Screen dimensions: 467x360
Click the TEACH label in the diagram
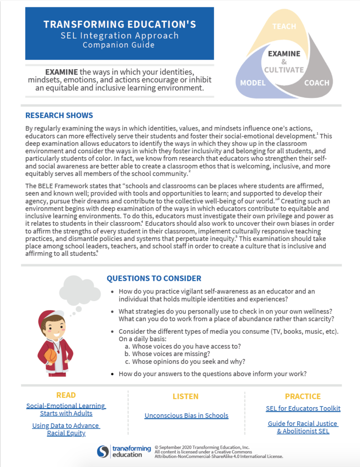coord(284,26)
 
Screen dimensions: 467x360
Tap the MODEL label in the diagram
coord(253,83)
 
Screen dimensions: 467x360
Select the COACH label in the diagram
coord(317,83)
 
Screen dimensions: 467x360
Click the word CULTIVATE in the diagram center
coord(283,70)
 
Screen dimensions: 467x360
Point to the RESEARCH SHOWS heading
coord(59,115)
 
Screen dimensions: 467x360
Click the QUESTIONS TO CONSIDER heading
coord(153,278)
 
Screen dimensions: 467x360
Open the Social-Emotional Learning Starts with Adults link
coord(66,410)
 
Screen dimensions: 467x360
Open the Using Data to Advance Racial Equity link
coord(66,429)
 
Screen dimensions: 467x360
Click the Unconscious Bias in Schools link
coord(186,415)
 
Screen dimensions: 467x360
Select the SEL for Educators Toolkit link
coord(303,408)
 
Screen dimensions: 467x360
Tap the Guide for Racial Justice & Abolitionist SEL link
coord(303,427)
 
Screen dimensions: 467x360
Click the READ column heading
coord(66,395)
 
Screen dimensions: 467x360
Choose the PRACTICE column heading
coord(303,396)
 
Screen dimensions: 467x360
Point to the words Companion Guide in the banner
coord(119,45)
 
